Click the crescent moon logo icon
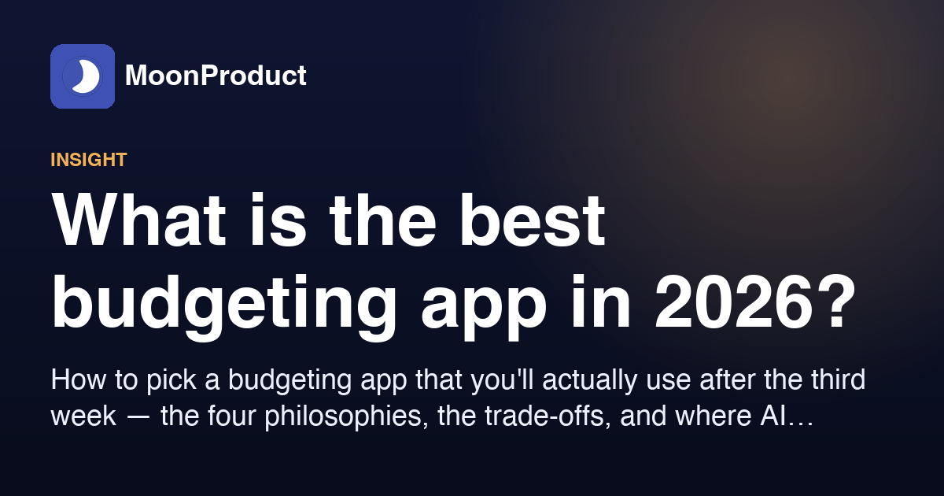click(x=83, y=76)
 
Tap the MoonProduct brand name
click(x=216, y=76)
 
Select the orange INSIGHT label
click(x=88, y=160)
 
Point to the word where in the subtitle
click(x=714, y=416)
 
